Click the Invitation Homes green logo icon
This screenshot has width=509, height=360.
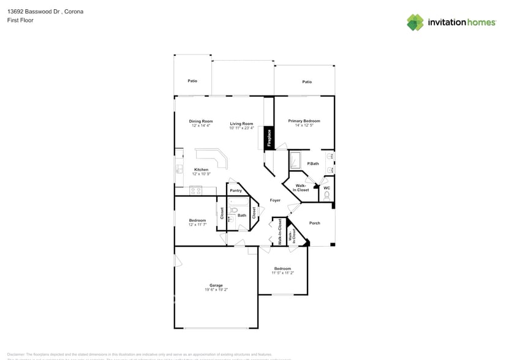(x=415, y=22)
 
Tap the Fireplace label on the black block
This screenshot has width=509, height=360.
(x=269, y=138)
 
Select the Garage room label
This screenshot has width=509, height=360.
(x=216, y=285)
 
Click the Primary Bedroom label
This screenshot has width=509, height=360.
(x=304, y=121)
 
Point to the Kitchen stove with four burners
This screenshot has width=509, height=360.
(x=197, y=190)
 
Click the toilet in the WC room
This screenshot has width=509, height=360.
(x=326, y=196)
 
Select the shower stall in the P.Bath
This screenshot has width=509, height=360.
(x=296, y=160)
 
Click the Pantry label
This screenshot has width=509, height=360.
(x=236, y=190)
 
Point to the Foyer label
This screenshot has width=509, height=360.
(x=275, y=200)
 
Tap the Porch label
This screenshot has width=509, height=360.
(x=314, y=223)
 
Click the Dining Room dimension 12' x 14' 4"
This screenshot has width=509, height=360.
(x=200, y=126)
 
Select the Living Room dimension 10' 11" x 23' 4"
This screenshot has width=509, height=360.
(x=241, y=128)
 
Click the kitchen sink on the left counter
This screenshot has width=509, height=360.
(x=179, y=168)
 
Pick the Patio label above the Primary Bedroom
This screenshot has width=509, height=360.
(x=306, y=81)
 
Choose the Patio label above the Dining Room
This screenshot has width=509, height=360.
(x=192, y=81)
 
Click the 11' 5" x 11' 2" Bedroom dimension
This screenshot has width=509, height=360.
(x=282, y=273)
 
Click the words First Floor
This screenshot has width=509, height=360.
(x=21, y=20)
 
